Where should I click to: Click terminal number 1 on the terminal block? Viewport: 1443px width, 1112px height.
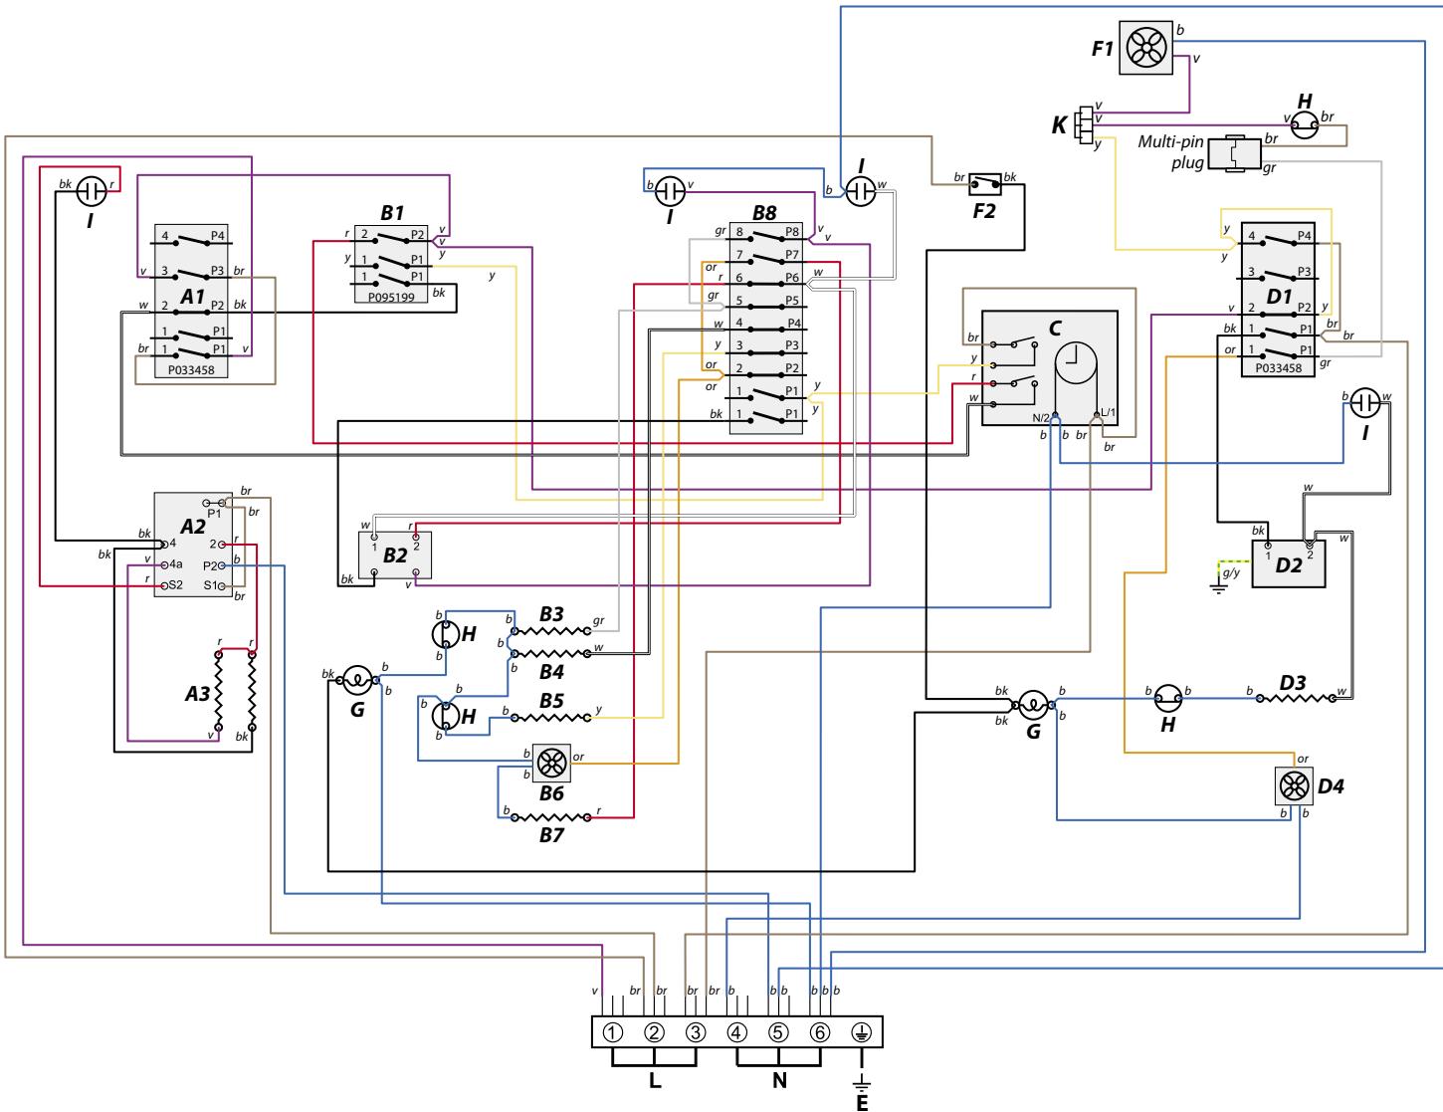click(613, 1031)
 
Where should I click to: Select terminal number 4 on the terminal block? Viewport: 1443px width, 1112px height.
click(737, 1031)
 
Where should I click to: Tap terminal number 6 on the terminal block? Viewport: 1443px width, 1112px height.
click(820, 1031)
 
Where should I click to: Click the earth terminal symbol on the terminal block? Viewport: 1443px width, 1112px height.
click(862, 1031)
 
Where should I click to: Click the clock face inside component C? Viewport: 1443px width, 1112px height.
click(1075, 364)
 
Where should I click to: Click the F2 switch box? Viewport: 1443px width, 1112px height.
click(985, 184)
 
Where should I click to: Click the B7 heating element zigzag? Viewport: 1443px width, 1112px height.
click(548, 816)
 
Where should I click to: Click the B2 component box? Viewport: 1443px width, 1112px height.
click(394, 555)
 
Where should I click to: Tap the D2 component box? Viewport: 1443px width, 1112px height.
click(1288, 560)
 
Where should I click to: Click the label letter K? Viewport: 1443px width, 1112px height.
click(1060, 126)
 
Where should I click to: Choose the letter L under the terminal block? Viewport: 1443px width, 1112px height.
click(655, 1081)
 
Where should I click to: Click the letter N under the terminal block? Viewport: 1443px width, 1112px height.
click(779, 1081)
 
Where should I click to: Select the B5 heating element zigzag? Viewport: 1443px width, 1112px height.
click(551, 716)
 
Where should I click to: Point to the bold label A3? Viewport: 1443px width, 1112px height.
click(198, 694)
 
